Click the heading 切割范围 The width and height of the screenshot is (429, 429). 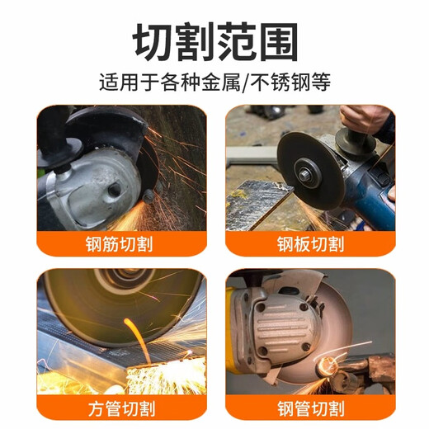pyautogui.click(x=215, y=41)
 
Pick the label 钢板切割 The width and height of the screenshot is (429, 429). pyautogui.click(x=310, y=244)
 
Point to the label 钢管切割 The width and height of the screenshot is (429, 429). pyautogui.click(x=310, y=408)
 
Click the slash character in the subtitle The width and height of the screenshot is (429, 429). pyautogui.click(x=262, y=83)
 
